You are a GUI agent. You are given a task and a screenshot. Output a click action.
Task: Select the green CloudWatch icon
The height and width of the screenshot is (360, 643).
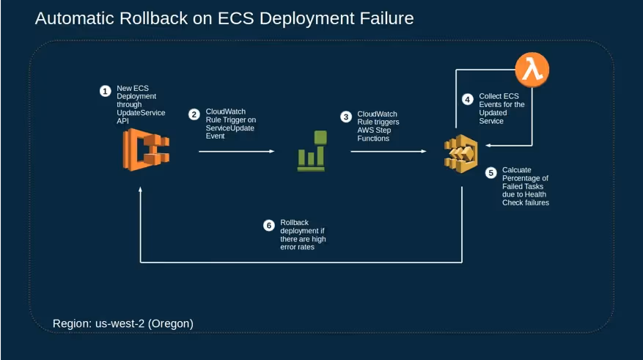click(x=311, y=151)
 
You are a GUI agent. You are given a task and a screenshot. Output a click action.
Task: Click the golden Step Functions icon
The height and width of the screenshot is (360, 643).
click(x=460, y=153)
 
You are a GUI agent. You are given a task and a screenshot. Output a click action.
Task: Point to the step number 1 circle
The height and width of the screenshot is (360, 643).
click(x=106, y=91)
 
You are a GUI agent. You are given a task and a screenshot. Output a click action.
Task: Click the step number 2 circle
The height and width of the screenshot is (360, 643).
click(x=194, y=114)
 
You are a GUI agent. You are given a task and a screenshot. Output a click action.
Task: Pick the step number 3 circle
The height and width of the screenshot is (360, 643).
click(x=346, y=117)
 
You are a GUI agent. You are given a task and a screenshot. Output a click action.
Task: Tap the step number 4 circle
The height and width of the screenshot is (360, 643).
click(x=468, y=99)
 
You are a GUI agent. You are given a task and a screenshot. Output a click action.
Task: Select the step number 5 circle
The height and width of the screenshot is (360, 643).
click(x=491, y=173)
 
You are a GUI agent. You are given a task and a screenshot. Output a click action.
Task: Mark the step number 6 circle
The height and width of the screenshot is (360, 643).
click(x=268, y=225)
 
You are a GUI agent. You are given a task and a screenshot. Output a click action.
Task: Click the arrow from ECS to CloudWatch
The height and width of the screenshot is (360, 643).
click(x=236, y=152)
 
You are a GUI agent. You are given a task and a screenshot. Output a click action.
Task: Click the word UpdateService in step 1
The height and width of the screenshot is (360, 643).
click(x=141, y=112)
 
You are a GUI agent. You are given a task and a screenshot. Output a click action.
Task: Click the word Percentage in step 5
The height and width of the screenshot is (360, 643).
click(x=525, y=178)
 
